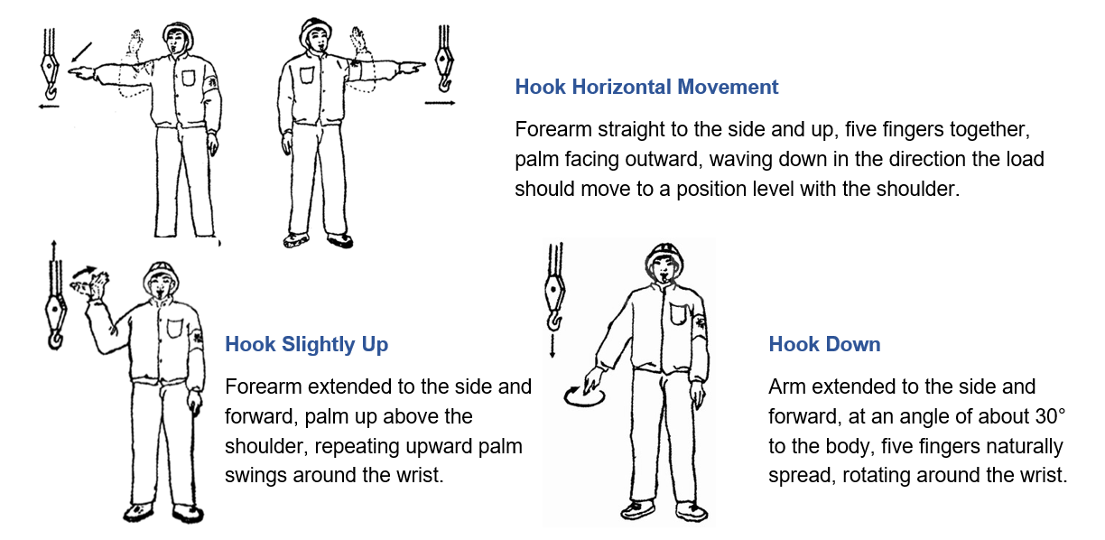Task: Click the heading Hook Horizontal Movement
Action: click(646, 88)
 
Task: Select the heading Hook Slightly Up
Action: click(306, 344)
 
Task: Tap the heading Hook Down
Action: click(824, 344)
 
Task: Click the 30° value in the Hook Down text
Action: click(1049, 417)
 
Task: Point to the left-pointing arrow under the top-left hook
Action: click(50, 105)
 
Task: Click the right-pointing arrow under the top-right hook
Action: click(440, 103)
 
